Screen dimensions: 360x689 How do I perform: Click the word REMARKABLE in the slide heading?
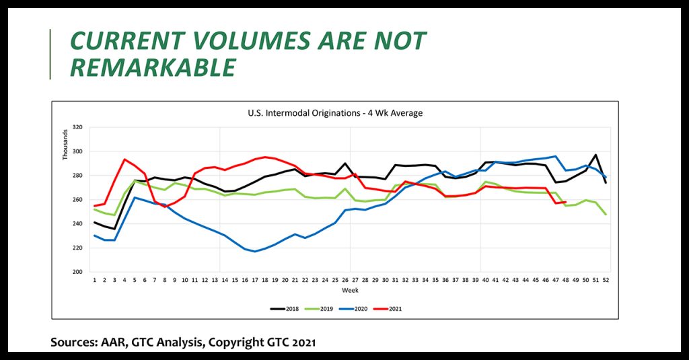(x=153, y=67)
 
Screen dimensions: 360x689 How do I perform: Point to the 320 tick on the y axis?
(x=77, y=127)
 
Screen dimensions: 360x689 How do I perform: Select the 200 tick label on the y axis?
(x=77, y=272)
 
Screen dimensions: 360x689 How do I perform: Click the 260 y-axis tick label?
(x=77, y=200)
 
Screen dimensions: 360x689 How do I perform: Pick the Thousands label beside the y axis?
(x=66, y=145)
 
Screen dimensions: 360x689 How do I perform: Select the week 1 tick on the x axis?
(x=95, y=280)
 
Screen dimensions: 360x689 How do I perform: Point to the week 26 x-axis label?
(x=345, y=280)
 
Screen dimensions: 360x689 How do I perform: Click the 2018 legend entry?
(x=287, y=309)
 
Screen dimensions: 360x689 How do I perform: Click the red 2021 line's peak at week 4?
(x=124, y=159)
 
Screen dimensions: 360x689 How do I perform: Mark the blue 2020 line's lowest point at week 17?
(x=255, y=252)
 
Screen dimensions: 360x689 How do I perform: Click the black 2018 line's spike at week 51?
(x=595, y=155)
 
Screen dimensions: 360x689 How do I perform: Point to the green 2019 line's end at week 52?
(x=606, y=214)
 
